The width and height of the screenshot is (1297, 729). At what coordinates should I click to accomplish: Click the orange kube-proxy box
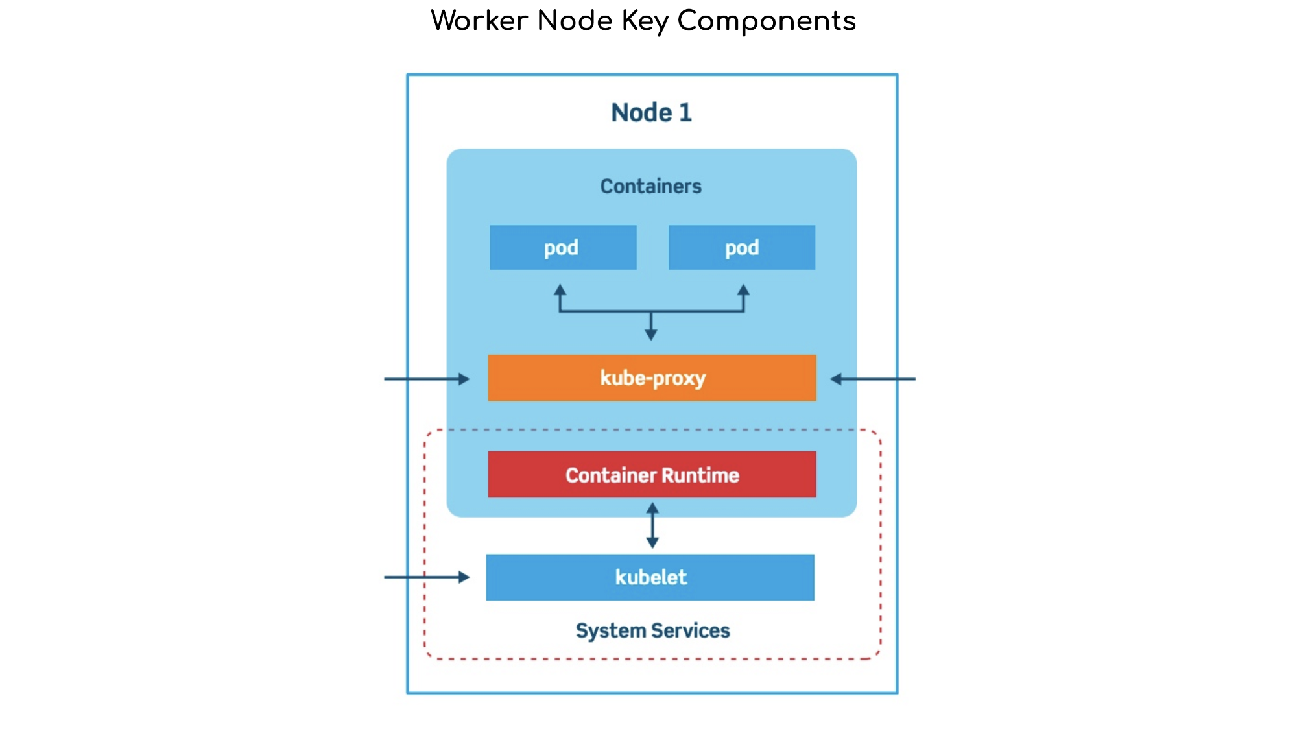652,377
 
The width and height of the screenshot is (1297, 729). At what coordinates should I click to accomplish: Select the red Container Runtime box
652,474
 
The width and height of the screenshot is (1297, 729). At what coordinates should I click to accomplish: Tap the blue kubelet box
650,577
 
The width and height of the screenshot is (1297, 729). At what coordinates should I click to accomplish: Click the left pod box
563,247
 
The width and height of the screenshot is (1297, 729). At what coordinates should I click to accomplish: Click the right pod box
741,247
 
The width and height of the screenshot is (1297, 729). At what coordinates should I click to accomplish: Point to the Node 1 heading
651,112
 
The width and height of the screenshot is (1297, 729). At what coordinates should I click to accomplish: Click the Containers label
650,186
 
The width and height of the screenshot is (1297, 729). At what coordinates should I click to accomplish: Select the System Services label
652,630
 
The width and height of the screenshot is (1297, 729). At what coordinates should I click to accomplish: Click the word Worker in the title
479,21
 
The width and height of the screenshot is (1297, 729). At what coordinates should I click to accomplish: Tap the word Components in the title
767,21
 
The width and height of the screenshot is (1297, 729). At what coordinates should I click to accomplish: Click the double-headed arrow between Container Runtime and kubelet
652,525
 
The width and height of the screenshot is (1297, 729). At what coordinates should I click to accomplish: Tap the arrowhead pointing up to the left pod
560,291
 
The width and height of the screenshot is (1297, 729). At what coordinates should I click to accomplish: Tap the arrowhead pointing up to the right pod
744,291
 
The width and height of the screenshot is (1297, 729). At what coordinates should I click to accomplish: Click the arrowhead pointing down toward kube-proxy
651,333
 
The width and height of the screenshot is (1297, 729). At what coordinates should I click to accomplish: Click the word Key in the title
645,21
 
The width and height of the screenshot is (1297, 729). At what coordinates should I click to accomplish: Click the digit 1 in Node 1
685,112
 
